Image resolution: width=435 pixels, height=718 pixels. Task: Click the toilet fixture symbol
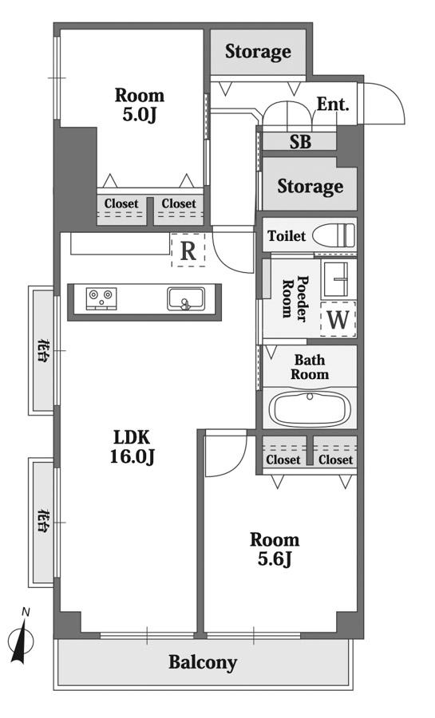click(334, 236)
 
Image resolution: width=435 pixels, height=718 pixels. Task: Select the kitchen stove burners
click(101, 298)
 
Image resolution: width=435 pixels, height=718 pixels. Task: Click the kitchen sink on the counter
click(185, 298)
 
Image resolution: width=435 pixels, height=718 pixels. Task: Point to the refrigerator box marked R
click(188, 250)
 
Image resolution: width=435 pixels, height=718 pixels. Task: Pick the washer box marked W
click(338, 319)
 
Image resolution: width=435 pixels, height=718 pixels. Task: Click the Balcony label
click(203, 662)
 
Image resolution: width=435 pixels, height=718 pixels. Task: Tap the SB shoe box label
click(300, 142)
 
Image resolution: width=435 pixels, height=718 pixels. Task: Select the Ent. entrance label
click(333, 105)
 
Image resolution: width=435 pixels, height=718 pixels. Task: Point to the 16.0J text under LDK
click(132, 456)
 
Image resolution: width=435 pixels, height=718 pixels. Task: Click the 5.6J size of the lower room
click(275, 558)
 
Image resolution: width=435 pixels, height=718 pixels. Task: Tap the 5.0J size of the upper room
click(139, 114)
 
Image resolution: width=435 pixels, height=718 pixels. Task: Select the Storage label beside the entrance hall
click(310, 187)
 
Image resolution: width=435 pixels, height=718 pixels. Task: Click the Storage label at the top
click(258, 52)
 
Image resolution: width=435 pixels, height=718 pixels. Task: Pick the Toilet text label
click(287, 236)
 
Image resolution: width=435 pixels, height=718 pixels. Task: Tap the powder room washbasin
click(339, 278)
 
